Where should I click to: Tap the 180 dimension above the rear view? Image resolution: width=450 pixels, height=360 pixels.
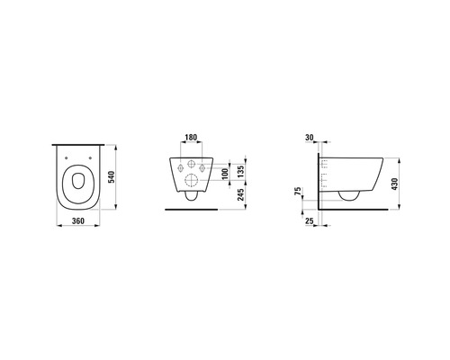191,138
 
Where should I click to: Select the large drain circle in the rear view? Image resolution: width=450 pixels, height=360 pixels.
191,180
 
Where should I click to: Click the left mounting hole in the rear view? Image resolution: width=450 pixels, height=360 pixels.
178,167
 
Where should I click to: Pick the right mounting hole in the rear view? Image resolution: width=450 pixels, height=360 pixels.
203,167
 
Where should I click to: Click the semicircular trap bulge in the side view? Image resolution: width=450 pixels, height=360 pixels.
350,193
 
